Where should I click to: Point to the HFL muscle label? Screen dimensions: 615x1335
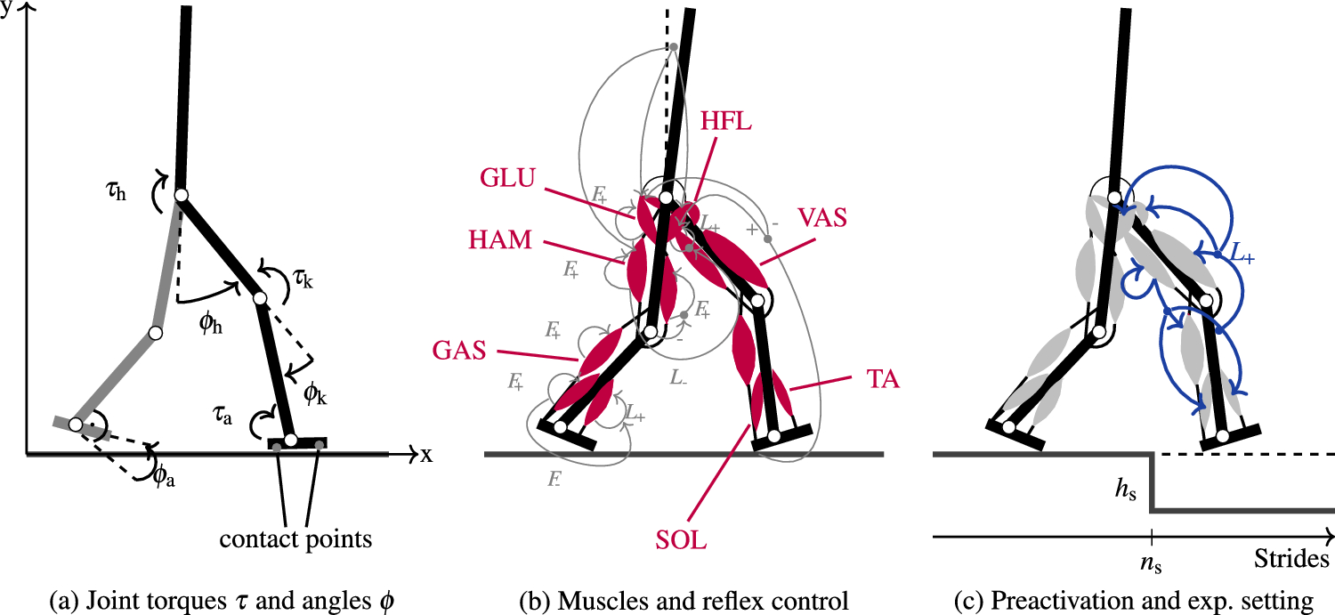[726, 124]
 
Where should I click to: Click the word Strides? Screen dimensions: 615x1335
[1291, 560]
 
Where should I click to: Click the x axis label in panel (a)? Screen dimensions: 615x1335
[426, 455]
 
